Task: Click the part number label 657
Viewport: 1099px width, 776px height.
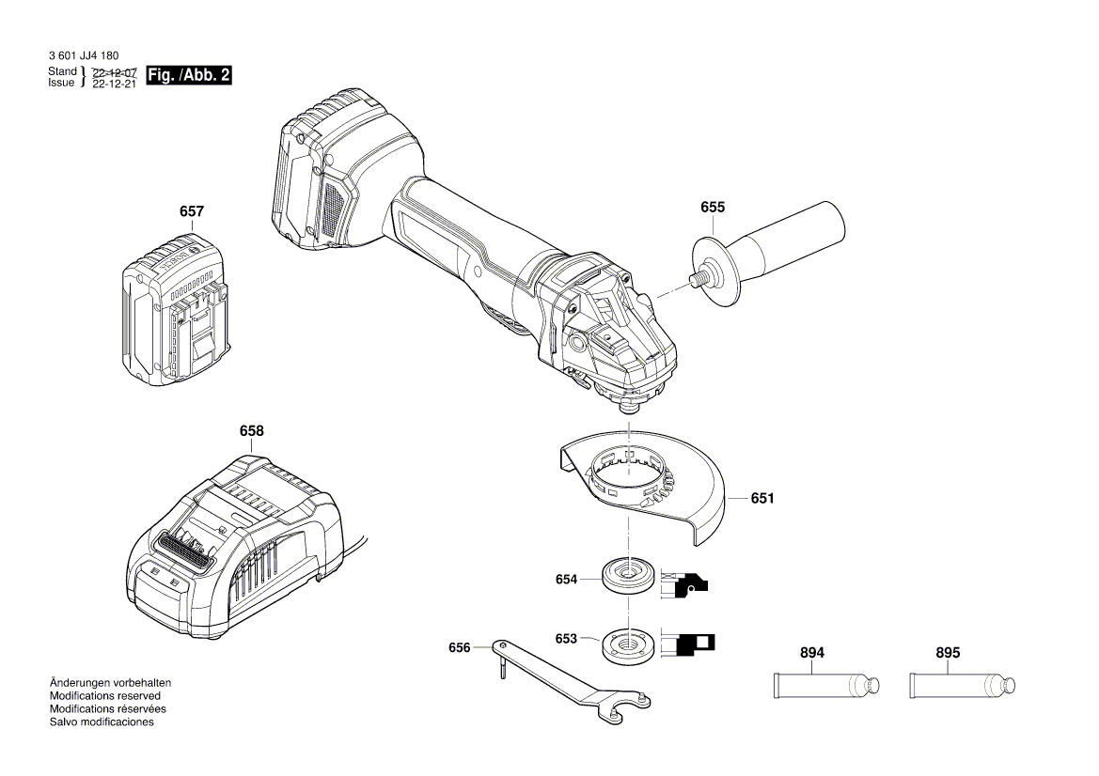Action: pyautogui.click(x=191, y=212)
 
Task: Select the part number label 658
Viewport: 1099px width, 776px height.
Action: pyautogui.click(x=251, y=431)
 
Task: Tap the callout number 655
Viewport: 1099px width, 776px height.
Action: pyautogui.click(x=713, y=208)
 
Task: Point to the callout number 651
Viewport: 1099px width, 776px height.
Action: pyautogui.click(x=762, y=499)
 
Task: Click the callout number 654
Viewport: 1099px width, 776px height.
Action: pyautogui.click(x=566, y=580)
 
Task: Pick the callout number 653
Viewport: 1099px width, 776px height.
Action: pyautogui.click(x=566, y=639)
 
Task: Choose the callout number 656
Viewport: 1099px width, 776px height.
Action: pyautogui.click(x=459, y=647)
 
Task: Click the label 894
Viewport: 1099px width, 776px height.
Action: pyautogui.click(x=812, y=653)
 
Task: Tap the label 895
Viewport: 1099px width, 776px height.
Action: pyautogui.click(x=948, y=653)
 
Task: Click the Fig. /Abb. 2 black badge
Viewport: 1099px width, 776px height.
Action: pyautogui.click(x=189, y=76)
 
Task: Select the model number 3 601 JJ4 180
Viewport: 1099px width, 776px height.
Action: pyautogui.click(x=83, y=56)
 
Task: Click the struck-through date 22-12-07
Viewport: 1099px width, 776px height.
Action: pyautogui.click(x=115, y=72)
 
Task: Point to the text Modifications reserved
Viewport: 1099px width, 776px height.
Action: pyautogui.click(x=103, y=696)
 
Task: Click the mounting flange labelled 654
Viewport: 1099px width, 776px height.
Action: pyautogui.click(x=623, y=576)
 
